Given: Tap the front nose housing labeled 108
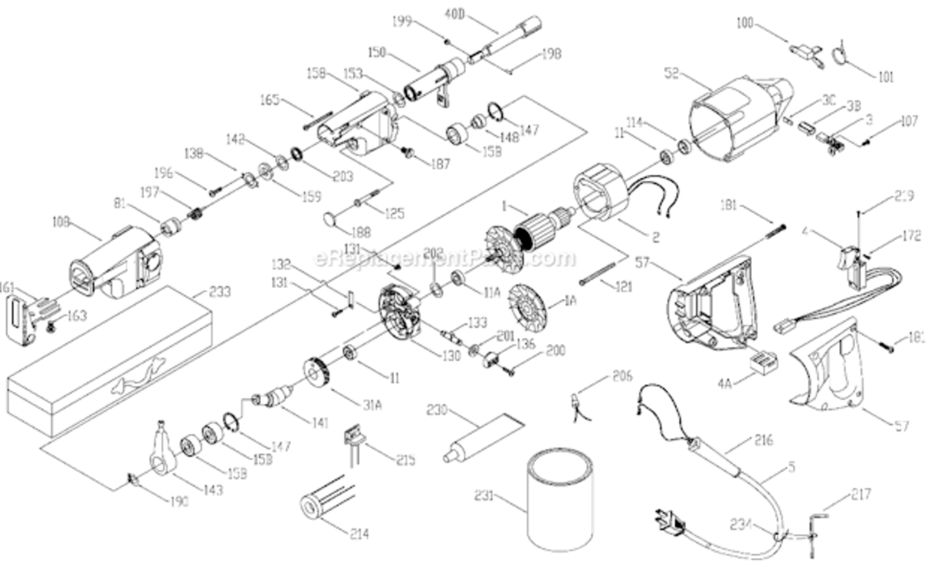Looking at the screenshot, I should [x=115, y=261].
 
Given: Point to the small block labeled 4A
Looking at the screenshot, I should [x=764, y=363].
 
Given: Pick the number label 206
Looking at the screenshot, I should [x=623, y=376].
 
